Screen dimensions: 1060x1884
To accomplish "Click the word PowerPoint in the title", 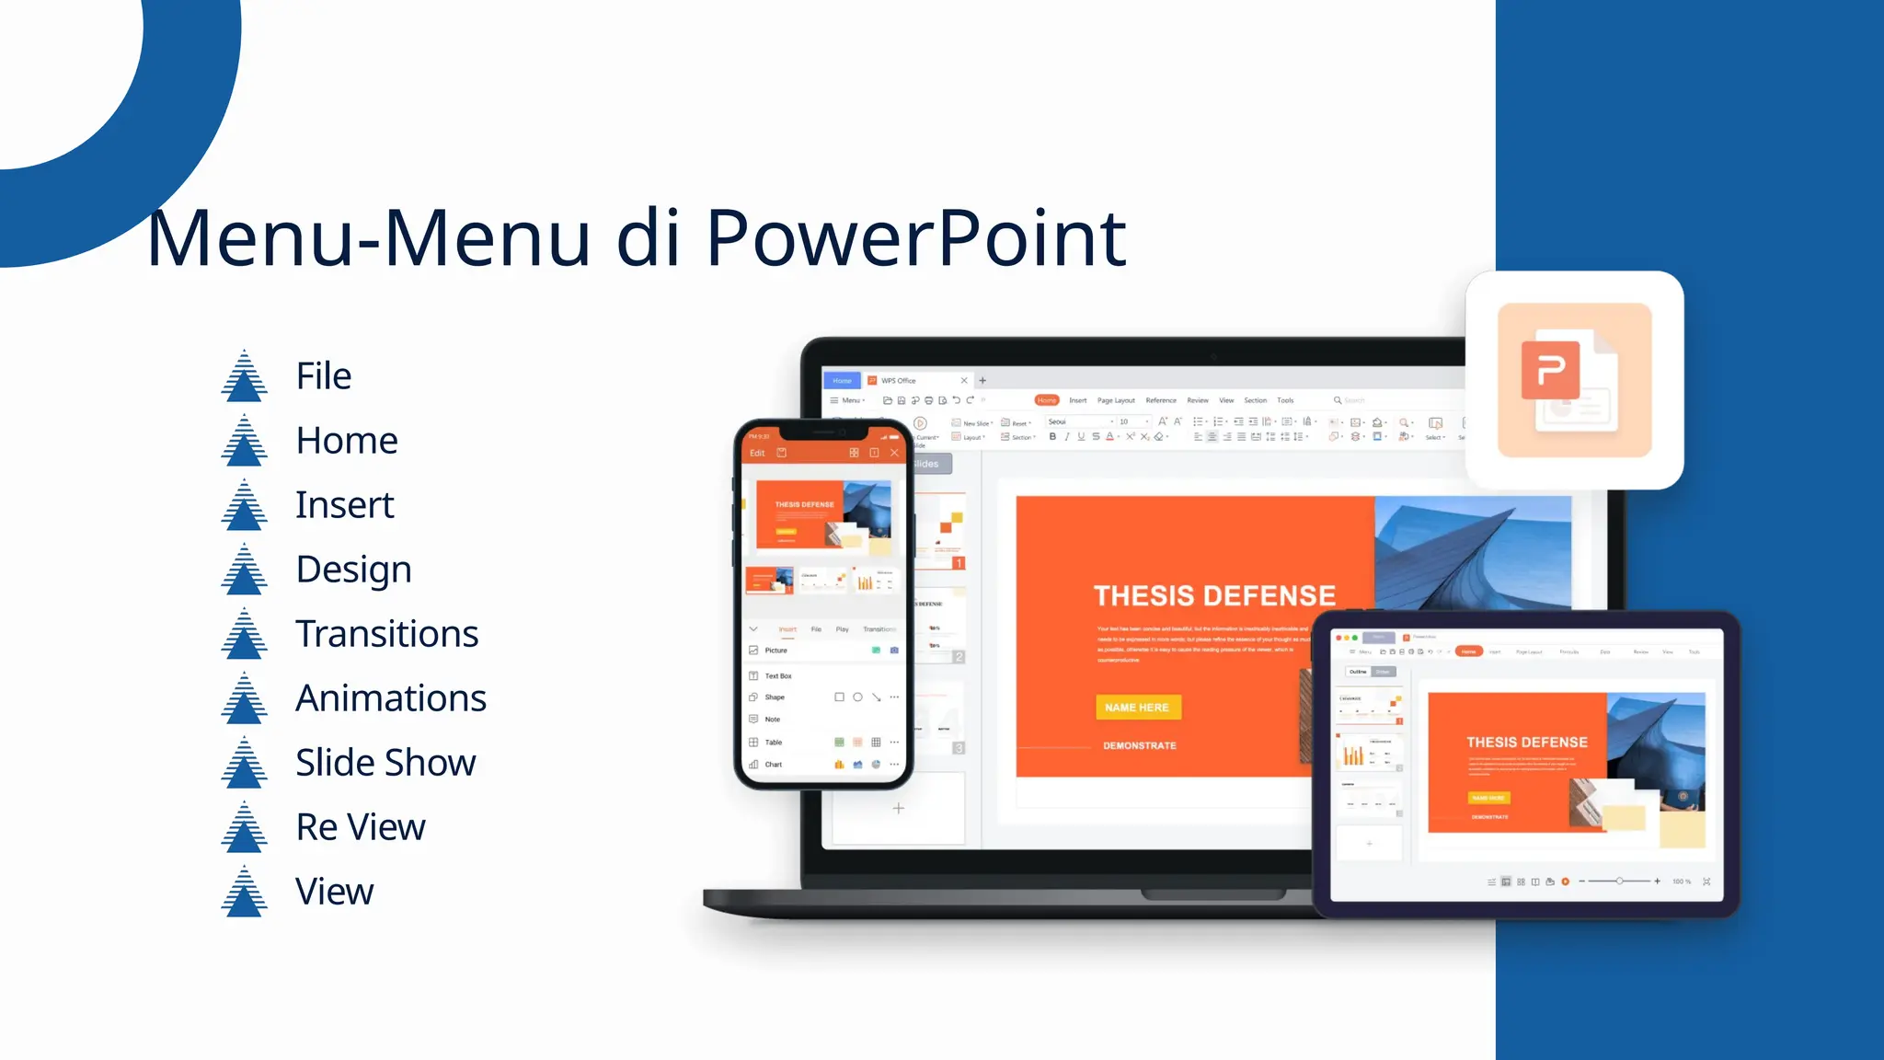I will coord(915,238).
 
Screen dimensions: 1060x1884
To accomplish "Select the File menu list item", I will coord(323,376).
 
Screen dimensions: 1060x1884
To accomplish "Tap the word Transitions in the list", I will coord(386,634).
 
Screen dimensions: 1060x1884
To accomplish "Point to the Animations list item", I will coord(390,698).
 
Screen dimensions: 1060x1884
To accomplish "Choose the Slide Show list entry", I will coord(385,763).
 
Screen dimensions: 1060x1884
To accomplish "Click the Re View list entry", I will coord(361,827).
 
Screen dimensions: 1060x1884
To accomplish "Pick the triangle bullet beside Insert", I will coord(244,505).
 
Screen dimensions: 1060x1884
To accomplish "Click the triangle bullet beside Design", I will coord(244,570).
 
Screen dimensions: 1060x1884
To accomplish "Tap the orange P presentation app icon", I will coord(1574,379).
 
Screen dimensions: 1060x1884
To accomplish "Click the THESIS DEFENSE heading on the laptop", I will coord(1214,596).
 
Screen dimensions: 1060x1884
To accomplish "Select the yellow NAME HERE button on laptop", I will coord(1138,708).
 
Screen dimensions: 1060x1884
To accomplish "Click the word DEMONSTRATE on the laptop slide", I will coord(1140,746).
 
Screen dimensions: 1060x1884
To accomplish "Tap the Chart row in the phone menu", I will coord(774,765).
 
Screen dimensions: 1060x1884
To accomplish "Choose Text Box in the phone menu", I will coord(778,676).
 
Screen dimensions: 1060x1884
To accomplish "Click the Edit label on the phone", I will coord(757,453).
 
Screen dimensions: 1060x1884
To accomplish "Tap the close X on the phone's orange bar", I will coord(894,453).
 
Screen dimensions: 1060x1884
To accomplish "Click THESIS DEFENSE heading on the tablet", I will coord(1527,743).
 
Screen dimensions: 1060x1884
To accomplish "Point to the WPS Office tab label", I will coord(898,381).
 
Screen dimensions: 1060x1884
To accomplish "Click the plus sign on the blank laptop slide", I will coord(899,809).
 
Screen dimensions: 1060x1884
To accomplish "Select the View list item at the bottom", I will coord(334,892).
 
